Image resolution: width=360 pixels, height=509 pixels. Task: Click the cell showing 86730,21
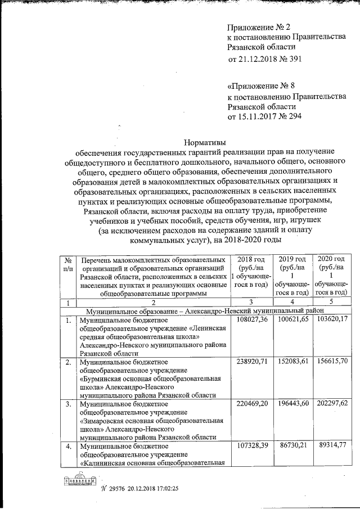(x=294, y=448)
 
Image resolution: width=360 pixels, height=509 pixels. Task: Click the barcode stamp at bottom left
(x=78, y=482)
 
